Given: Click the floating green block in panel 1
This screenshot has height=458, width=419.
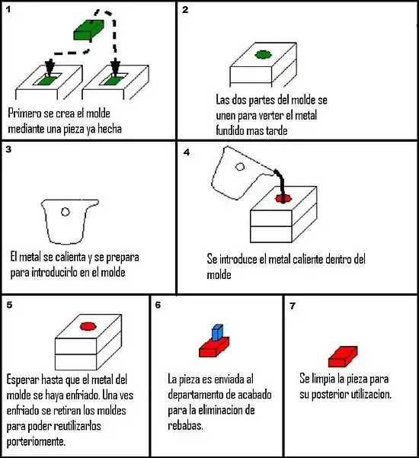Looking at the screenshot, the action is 88,30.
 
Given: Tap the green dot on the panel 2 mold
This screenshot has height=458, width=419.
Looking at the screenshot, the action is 264,55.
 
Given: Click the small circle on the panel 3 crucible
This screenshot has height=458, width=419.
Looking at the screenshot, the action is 65,212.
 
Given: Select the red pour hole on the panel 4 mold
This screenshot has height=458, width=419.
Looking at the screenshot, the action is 283,199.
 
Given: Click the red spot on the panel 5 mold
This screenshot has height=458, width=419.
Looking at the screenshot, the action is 88,326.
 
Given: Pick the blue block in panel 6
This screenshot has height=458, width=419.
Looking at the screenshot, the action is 218,333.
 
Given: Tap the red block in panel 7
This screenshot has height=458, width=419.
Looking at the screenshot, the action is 343,357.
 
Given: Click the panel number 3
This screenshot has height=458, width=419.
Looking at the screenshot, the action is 8,149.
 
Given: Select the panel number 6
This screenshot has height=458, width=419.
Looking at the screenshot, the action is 158,305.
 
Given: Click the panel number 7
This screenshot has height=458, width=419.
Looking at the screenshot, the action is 293,306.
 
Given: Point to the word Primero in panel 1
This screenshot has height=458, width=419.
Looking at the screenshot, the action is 25,114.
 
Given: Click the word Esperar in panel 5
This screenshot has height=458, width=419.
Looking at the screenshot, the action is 23,380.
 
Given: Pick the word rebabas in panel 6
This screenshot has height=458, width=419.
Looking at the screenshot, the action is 185,425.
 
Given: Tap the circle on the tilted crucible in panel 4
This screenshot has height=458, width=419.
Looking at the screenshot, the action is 240,167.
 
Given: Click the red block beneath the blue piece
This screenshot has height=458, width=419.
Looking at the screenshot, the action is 214,348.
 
